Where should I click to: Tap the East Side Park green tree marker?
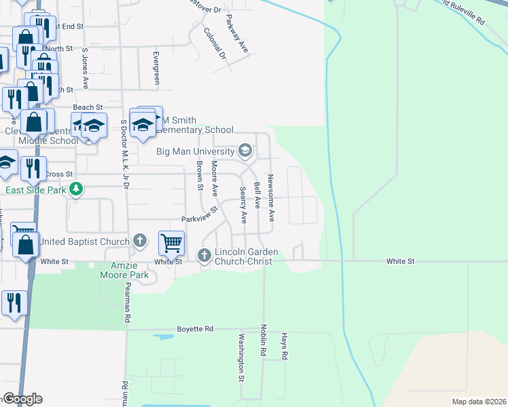pyautogui.click(x=77, y=189)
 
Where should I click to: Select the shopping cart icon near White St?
pyautogui.click(x=172, y=241)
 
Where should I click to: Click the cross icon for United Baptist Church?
pyautogui.click(x=139, y=240)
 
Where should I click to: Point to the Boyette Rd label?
pyautogui.click(x=195, y=329)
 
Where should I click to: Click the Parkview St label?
pyautogui.click(x=198, y=218)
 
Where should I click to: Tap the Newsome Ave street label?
pyautogui.click(x=270, y=198)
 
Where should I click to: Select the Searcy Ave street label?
pyautogui.click(x=242, y=206)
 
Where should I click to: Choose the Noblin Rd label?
pyautogui.click(x=263, y=341)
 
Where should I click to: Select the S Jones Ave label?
pyautogui.click(x=86, y=69)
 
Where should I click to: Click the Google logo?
pyautogui.click(x=22, y=399)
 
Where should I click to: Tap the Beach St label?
pyautogui.click(x=88, y=107)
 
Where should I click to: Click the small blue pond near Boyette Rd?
pyautogui.click(x=164, y=336)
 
